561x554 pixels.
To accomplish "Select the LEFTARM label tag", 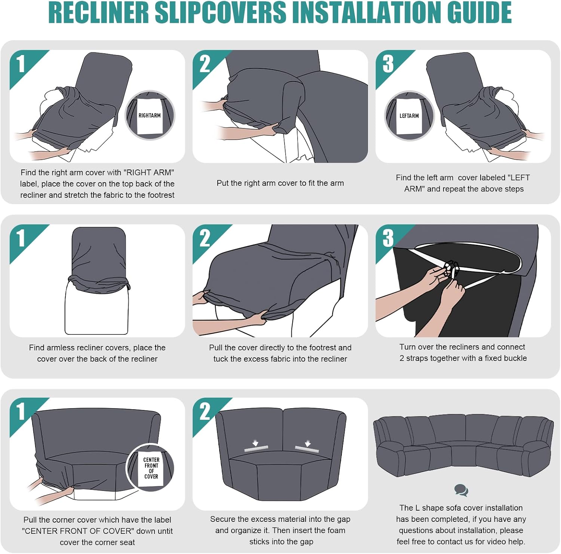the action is point(409,116).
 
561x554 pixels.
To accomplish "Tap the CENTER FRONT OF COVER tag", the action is point(151,468).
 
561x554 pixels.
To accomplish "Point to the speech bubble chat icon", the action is point(461,490).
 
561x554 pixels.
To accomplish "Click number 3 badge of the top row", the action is point(388,64).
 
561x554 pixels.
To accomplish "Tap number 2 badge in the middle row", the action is point(205,238).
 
